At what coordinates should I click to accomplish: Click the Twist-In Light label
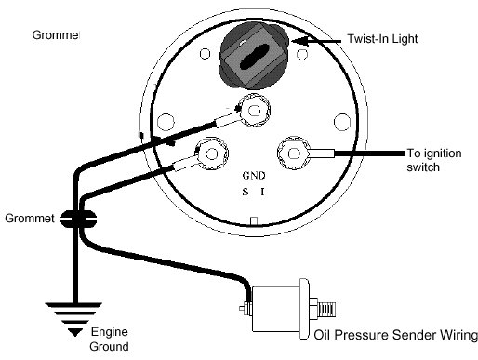coord(382,39)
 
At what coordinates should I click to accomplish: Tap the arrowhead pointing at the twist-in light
coord(300,41)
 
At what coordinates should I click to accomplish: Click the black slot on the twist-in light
coord(255,57)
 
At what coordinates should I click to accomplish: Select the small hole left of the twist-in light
coord(205,54)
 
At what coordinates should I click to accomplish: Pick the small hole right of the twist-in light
coord(302,55)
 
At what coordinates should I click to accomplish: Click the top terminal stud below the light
coord(254,111)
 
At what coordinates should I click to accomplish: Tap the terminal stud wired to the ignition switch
coord(294,153)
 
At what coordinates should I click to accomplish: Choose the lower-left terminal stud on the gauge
coord(212,153)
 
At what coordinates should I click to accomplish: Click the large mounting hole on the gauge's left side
coord(166,122)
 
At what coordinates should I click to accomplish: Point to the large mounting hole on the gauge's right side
coord(342,122)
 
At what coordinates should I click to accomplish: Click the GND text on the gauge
coord(254,176)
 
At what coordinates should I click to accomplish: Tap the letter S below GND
coord(246,192)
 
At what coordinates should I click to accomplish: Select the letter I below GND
coord(262,193)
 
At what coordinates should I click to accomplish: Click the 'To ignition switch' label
coord(434,160)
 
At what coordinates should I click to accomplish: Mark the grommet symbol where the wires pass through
coord(78,220)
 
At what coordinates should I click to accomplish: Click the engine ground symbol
coord(74,319)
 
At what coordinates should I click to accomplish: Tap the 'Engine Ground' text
coord(109,340)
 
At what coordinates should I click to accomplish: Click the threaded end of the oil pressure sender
coord(327,309)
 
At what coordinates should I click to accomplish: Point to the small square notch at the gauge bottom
coord(254,220)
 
